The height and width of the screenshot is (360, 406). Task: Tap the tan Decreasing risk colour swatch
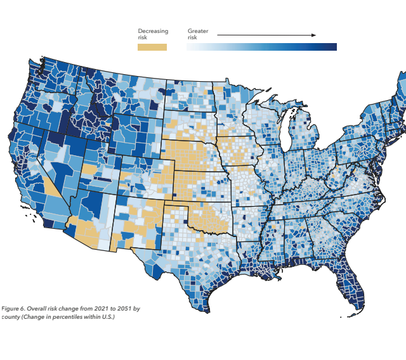point(152,47)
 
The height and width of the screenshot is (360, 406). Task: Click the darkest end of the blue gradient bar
point(333,47)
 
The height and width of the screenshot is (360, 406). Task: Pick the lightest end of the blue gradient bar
point(190,47)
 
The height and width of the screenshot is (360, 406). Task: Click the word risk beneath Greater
point(192,38)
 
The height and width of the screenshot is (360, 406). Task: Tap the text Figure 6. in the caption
point(13,308)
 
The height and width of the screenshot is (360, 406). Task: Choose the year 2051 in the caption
point(120,308)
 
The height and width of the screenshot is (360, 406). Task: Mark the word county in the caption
point(10,316)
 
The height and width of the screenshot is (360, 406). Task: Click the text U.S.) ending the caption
point(107,316)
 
